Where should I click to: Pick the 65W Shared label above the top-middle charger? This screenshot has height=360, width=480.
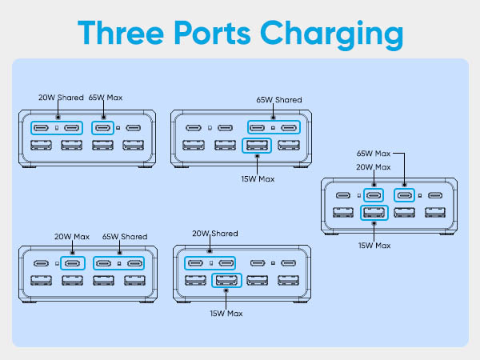(279, 100)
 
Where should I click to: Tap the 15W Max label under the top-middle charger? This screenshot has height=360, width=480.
(256, 178)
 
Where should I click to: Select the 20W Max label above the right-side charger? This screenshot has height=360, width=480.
(374, 167)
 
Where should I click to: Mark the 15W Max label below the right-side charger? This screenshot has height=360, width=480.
(374, 244)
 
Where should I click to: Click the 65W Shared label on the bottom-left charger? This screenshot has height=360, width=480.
(124, 237)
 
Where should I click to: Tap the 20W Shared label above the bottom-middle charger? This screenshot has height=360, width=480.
(214, 234)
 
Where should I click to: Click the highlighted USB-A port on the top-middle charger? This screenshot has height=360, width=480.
(257, 146)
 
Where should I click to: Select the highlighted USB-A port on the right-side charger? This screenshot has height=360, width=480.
(373, 213)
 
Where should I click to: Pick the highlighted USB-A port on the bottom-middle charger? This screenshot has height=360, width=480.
(226, 281)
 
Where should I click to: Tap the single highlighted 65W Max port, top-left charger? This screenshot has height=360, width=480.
(102, 128)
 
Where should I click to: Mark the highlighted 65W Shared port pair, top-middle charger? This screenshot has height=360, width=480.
(273, 128)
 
